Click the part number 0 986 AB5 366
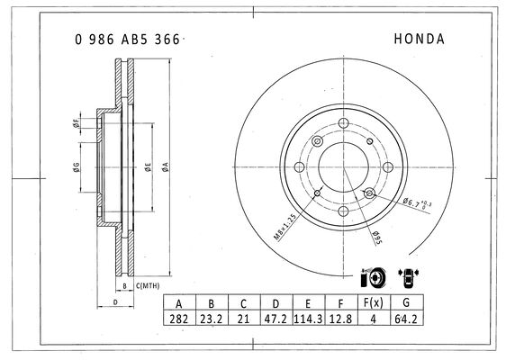tap(127, 40)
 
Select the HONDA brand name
tap(419, 39)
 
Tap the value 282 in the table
tap(178, 319)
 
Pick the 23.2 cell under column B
tap(212, 319)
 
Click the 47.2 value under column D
tap(276, 319)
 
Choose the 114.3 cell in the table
tap(308, 319)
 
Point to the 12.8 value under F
tap(340, 319)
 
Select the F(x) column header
tap(374, 302)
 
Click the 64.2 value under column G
tap(406, 319)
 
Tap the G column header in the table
tap(406, 302)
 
